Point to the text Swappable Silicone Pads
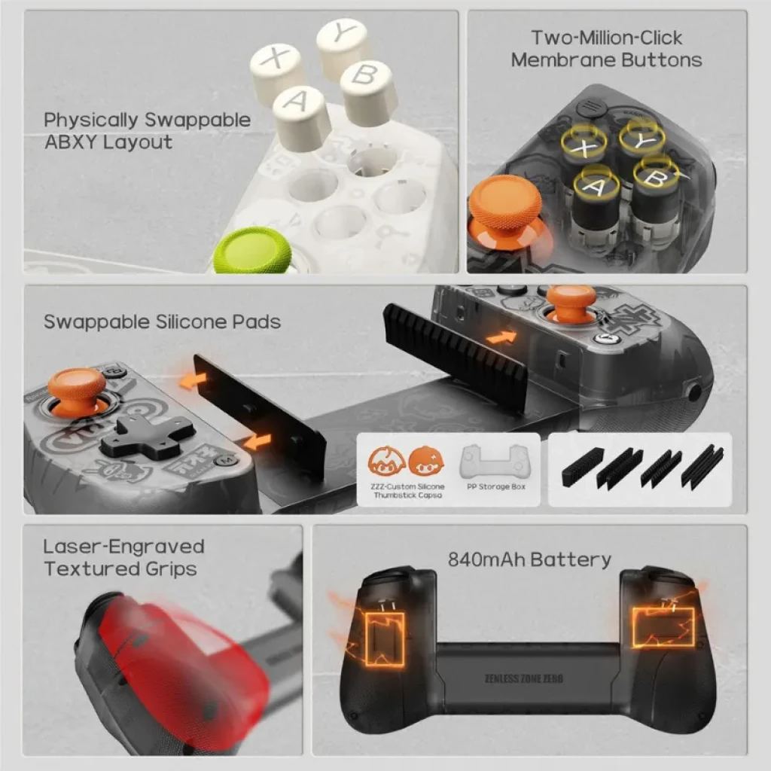click(162, 322)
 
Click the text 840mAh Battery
click(529, 559)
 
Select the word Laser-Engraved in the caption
click(123, 547)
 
